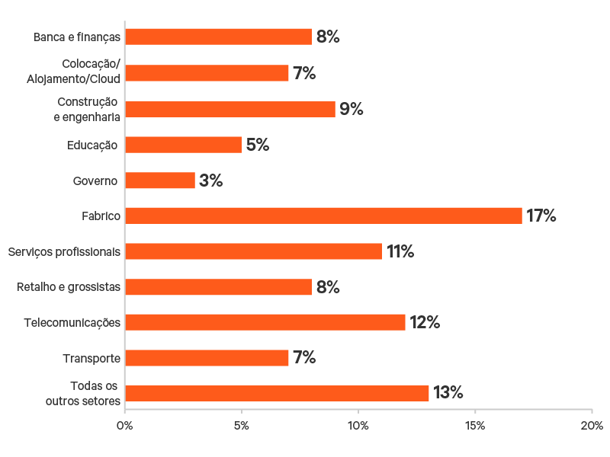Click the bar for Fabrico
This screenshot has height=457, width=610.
click(x=323, y=216)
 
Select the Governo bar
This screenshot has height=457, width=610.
click(x=160, y=181)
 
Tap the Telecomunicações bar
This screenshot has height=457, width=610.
click(x=265, y=322)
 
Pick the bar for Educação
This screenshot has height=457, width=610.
click(x=183, y=145)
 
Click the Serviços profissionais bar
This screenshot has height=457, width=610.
click(x=253, y=251)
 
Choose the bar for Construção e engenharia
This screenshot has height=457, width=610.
click(x=230, y=109)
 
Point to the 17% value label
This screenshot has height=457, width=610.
click(x=541, y=216)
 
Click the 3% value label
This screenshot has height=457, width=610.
click(x=210, y=181)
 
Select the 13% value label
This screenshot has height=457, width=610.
click(x=448, y=393)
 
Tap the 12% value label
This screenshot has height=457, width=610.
click(x=425, y=322)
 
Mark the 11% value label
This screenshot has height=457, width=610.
click(x=400, y=251)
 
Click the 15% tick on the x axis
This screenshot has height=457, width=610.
click(x=475, y=425)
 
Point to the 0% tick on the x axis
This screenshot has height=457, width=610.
click(x=125, y=425)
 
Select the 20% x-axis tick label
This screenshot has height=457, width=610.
click(x=592, y=425)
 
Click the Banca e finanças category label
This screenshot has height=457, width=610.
click(x=77, y=37)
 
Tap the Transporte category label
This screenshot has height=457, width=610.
click(x=91, y=358)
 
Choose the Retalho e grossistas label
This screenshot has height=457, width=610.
click(x=69, y=287)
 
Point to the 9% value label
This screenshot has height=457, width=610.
click(x=352, y=109)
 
